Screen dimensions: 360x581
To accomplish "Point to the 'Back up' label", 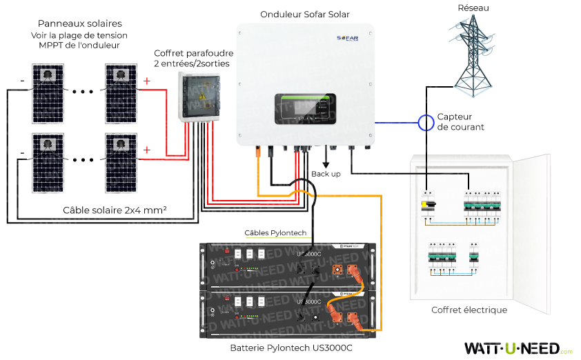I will [326, 174].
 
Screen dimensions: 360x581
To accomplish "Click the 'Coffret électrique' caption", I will [469, 310].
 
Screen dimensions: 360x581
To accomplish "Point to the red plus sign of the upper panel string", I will [146, 81].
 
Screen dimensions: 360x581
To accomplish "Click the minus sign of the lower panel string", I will [23, 152].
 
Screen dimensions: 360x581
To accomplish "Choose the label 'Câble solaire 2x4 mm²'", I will [115, 210].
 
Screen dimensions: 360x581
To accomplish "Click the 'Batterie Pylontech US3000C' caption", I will [291, 348].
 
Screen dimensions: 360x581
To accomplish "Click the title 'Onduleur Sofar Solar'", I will [305, 14].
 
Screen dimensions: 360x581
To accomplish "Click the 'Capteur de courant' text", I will [460, 122].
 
